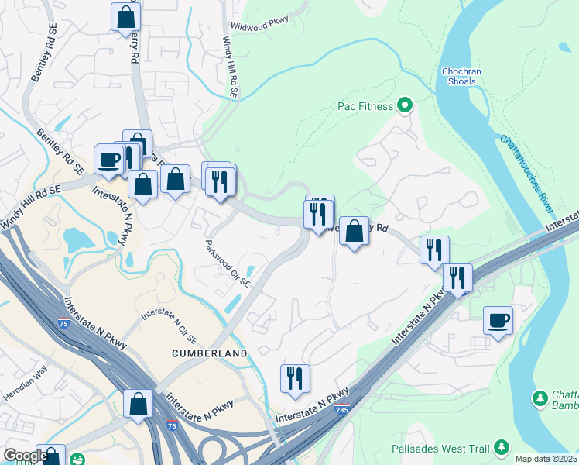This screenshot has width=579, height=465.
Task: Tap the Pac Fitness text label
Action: pos(365,106)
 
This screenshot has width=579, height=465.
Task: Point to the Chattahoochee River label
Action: pos(527,174)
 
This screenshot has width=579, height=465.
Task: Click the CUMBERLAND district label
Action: pos(211,353)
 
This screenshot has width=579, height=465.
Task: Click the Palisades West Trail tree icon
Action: pos(502,446)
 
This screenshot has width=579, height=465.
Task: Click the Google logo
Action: pos(26,456)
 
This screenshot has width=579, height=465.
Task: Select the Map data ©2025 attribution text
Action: pos(546,459)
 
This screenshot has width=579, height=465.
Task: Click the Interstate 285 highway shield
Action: pos(342,408)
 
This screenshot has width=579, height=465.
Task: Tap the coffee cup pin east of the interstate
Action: pos(498,319)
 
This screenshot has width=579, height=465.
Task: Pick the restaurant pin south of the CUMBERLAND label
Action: pos(295,378)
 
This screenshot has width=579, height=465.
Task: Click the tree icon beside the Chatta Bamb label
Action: pos(540,399)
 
